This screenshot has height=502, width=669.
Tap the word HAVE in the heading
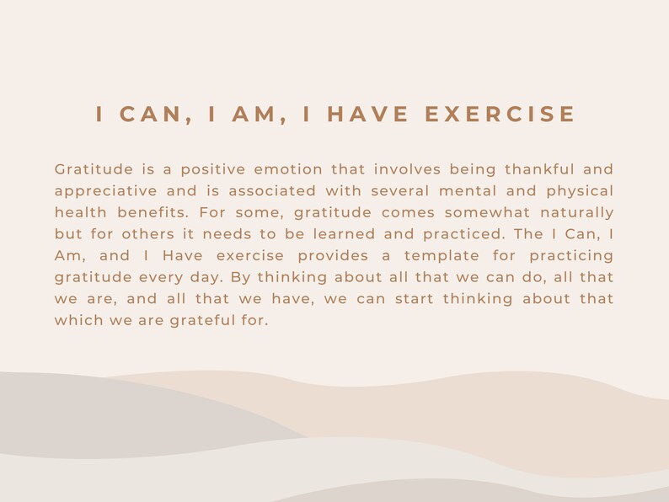(368, 115)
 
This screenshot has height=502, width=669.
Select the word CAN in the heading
(157, 115)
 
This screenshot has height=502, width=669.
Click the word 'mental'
(467, 191)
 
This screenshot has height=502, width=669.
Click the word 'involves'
(405, 169)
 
